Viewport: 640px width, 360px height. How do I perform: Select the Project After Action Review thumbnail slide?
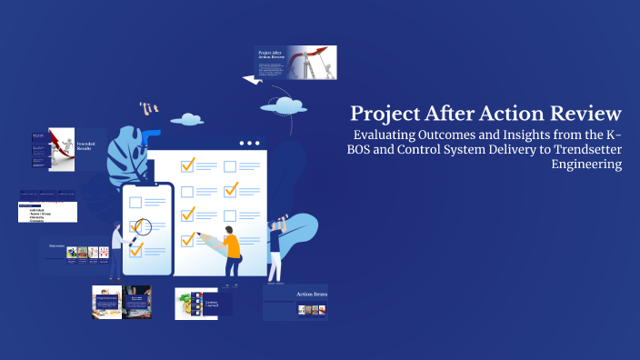[x=295, y=63]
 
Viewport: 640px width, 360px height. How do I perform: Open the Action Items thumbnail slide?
[x=295, y=302]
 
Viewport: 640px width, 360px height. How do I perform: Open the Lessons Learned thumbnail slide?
[x=204, y=304]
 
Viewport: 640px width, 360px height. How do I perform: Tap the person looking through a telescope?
[x=275, y=241]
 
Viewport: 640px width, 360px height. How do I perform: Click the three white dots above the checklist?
[x=248, y=143]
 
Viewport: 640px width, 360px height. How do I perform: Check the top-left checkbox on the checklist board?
[x=188, y=166]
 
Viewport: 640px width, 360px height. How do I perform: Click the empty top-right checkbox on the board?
[x=230, y=166]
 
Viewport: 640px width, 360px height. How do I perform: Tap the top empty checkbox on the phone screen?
[x=137, y=202]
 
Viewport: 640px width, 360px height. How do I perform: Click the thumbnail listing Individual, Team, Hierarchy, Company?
[x=48, y=208]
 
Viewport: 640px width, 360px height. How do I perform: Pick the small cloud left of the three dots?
[x=187, y=118]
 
